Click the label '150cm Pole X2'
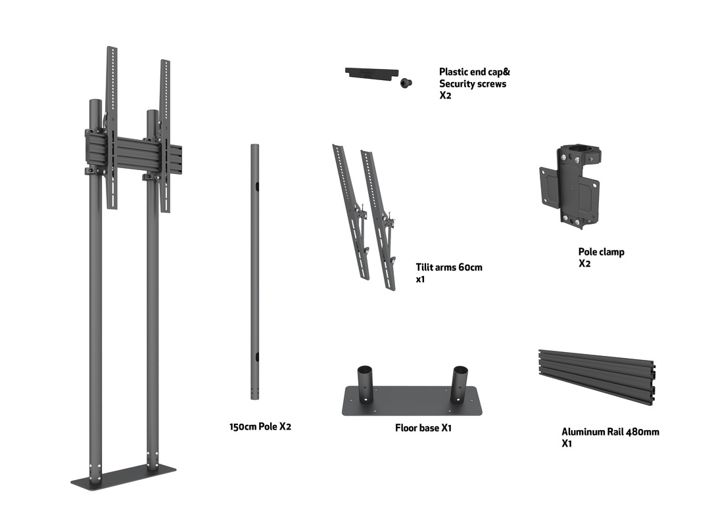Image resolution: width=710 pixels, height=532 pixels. (260, 427)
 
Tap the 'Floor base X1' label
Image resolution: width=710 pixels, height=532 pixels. (423, 428)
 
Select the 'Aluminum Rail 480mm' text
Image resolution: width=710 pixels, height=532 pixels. (609, 432)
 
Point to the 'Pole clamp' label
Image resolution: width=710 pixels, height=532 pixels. (601, 252)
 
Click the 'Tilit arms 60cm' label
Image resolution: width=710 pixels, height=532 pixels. (449, 267)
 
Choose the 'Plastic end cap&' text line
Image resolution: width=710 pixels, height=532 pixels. (475, 72)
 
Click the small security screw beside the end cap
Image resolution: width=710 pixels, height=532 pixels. (405, 82)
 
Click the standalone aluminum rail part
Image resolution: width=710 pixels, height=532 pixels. (596, 376)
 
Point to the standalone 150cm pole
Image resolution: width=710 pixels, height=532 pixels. (254, 269)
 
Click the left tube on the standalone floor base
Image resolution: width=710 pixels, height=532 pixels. (365, 381)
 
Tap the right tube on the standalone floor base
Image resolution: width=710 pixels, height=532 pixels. (458, 381)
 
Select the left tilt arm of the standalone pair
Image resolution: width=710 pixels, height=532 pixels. (350, 210)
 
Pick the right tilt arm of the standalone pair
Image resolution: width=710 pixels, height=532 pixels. (379, 220)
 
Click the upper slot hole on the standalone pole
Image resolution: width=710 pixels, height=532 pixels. (258, 187)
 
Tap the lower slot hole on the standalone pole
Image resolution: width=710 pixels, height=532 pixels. (258, 357)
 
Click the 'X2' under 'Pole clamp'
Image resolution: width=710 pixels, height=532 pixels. (584, 263)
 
